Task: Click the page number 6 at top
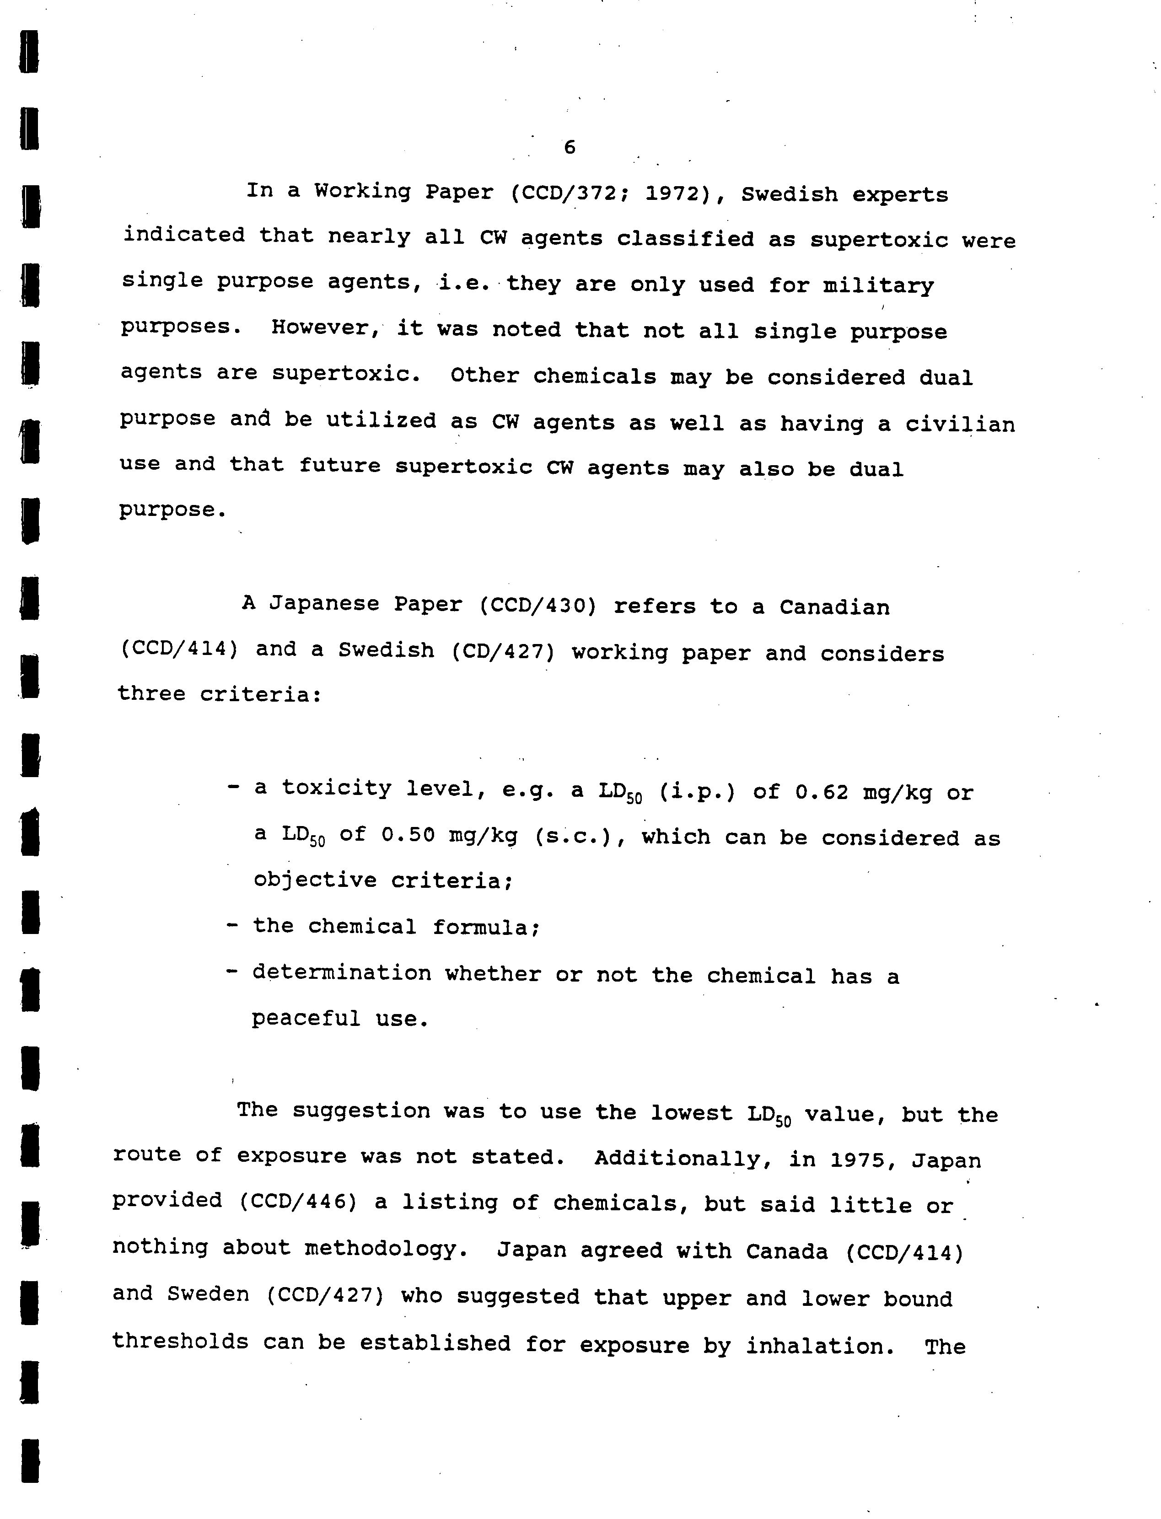pyautogui.click(x=570, y=147)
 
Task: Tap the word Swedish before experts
pyautogui.click(x=789, y=195)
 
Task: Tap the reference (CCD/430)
pyautogui.click(x=537, y=606)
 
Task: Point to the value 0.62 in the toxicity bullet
pyautogui.click(x=821, y=792)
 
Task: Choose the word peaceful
pyautogui.click(x=306, y=1019)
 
